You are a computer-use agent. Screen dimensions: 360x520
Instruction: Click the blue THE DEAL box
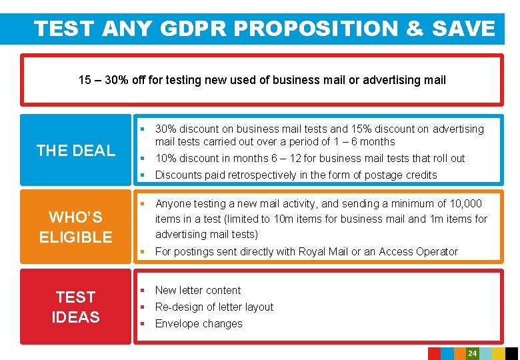tap(76, 151)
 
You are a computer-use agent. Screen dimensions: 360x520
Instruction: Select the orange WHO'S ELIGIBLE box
tap(76, 227)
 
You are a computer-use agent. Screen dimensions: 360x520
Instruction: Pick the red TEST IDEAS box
tap(76, 307)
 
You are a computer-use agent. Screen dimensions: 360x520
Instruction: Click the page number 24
tap(472, 353)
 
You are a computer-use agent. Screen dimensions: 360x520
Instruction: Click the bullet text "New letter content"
tap(198, 291)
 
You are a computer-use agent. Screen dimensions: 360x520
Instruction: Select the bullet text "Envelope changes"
tap(199, 324)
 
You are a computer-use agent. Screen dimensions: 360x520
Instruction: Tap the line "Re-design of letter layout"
tap(214, 307)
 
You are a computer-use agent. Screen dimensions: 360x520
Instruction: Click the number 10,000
tap(464, 204)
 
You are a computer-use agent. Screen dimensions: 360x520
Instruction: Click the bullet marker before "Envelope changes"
tap(142, 324)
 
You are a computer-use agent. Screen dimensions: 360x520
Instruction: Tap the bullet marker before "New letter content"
tap(142, 291)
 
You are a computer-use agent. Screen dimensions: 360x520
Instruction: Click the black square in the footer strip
tap(511, 353)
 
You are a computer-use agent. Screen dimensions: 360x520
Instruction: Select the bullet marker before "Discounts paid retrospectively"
tap(142, 175)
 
